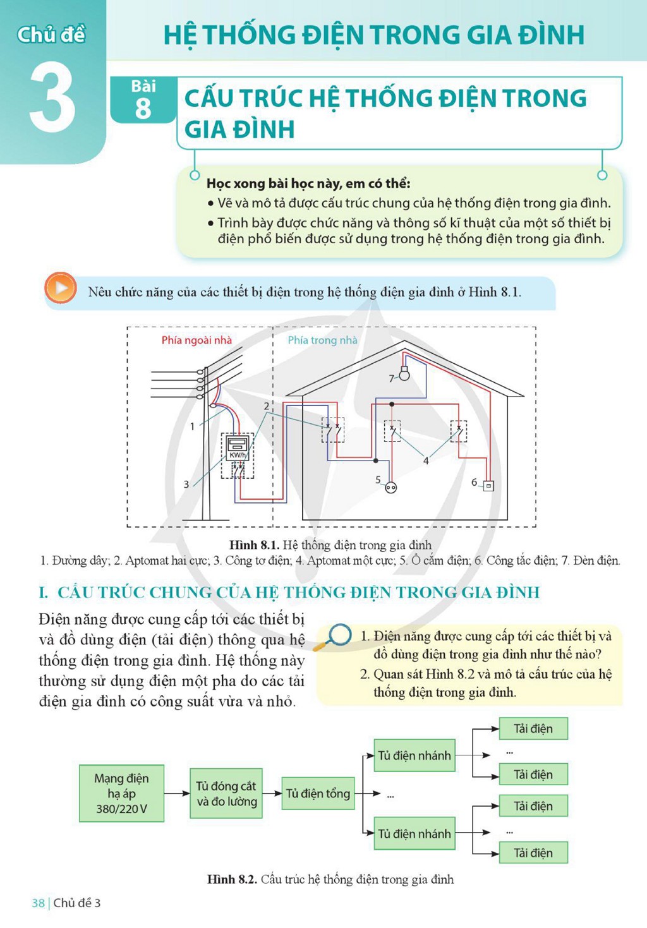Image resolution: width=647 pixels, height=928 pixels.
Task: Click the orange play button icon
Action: (61, 287)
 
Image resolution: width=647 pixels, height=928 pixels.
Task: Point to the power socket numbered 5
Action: (390, 488)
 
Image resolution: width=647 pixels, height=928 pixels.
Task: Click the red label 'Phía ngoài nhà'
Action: (197, 340)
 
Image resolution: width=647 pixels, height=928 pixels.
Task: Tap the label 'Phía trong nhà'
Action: (322, 340)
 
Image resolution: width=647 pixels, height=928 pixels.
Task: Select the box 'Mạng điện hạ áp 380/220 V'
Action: (121, 793)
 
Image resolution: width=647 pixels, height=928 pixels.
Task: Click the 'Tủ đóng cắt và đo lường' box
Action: (226, 793)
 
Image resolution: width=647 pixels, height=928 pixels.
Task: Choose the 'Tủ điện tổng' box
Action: (318, 793)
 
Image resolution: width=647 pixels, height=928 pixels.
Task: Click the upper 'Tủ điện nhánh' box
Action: (414, 756)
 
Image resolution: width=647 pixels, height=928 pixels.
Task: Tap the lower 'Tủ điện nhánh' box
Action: (414, 833)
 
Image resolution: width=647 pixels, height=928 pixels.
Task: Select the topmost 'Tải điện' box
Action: (533, 728)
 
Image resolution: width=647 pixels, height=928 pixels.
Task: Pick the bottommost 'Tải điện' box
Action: (533, 853)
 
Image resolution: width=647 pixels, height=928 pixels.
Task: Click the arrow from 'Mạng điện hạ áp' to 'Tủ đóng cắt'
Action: (177, 793)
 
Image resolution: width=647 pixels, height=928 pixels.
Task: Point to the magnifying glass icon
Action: (333, 637)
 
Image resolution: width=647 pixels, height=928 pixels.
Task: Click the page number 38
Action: (38, 903)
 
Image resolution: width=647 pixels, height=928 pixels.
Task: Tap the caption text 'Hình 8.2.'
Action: (232, 879)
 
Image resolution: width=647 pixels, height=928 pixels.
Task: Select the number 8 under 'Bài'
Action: (143, 109)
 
